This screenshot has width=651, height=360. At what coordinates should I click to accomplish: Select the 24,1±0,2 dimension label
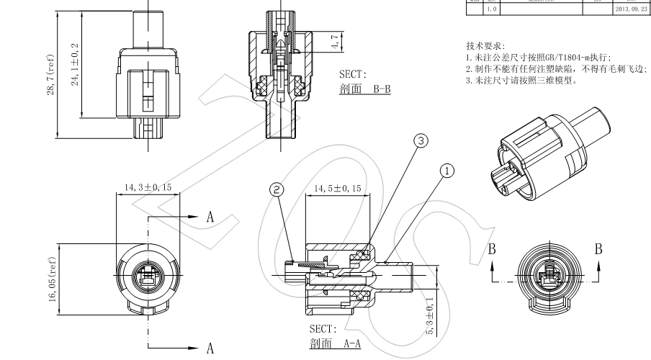75,63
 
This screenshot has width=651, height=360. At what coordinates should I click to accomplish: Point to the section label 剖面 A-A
334,343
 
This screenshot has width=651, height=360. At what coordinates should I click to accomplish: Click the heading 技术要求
485,45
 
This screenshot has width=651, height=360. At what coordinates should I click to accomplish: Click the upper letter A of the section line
210,217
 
